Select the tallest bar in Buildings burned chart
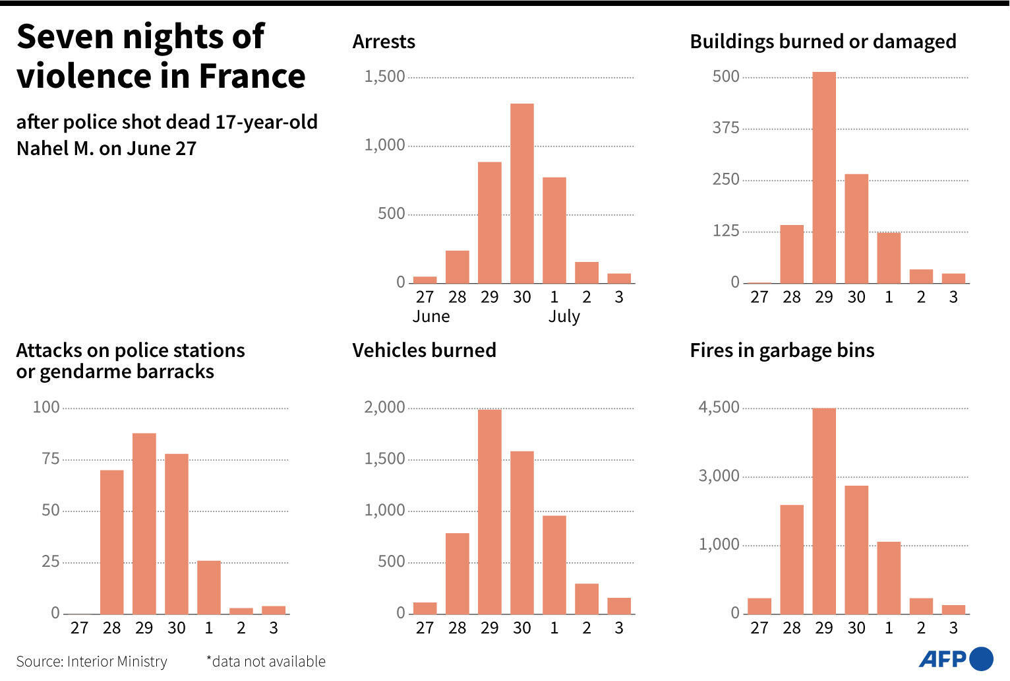click(x=823, y=178)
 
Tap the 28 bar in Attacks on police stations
click(x=111, y=542)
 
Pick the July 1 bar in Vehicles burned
click(x=554, y=565)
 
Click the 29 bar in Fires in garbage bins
click(x=823, y=511)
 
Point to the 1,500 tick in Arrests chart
click(x=385, y=77)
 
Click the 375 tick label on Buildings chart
click(x=725, y=128)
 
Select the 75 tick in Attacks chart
click(x=51, y=459)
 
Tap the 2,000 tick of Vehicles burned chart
click(x=385, y=407)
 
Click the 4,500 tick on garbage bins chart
click(x=719, y=407)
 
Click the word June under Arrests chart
click(x=431, y=317)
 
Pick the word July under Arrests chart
click(x=564, y=317)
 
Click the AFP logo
click(x=955, y=659)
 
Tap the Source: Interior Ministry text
click(x=92, y=661)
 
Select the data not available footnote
click(x=266, y=661)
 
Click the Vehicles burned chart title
click(x=424, y=350)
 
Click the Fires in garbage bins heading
click(x=782, y=350)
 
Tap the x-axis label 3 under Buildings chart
click(x=953, y=298)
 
